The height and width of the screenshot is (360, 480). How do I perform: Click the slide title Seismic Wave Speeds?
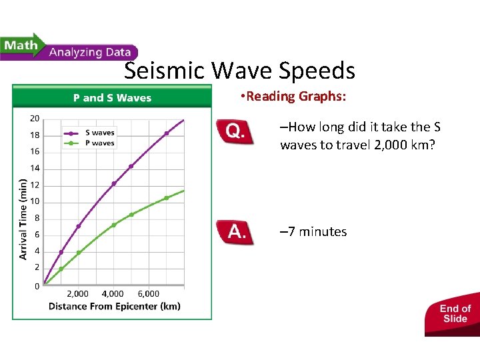coord(239,71)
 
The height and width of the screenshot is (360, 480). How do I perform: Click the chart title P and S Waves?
coord(112,98)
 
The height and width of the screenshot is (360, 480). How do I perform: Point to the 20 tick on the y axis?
coord(35,119)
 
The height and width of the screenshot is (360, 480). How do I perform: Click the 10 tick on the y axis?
coord(35,201)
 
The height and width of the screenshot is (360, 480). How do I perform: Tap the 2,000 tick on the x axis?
coord(77,293)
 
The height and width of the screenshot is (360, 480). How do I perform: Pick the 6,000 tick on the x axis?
coord(149,293)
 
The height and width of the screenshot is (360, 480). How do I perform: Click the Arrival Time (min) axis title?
coord(23,219)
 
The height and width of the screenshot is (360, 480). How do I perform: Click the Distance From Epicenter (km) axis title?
coord(114,307)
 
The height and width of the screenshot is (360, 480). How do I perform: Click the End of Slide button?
coord(455,313)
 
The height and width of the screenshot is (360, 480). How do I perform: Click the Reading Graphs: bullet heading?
coord(293,97)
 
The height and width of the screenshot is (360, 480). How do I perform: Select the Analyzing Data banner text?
coord(90,52)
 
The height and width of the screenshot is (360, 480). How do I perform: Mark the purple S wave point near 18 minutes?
coord(167,133)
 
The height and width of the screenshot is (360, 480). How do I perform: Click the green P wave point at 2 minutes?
coord(61,269)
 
